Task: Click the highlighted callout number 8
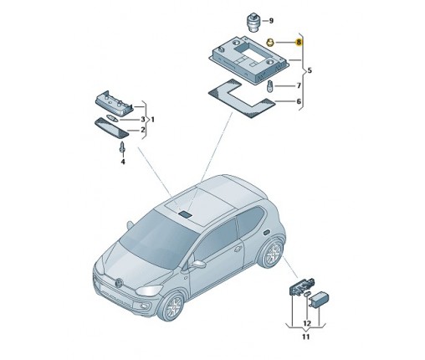pyautogui.click(x=299, y=42)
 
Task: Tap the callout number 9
pyautogui.click(x=271, y=21)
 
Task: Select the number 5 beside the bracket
pyautogui.click(x=310, y=70)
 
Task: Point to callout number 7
pyautogui.click(x=299, y=85)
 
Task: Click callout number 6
pyautogui.click(x=299, y=101)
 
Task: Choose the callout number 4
pyautogui.click(x=123, y=162)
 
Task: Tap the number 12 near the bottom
pyautogui.click(x=307, y=323)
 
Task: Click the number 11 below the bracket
pyautogui.click(x=306, y=337)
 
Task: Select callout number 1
pyautogui.click(x=152, y=120)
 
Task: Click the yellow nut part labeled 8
pyautogui.click(x=270, y=43)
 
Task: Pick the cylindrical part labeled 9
pyautogui.click(x=253, y=22)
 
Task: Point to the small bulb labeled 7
pyautogui.click(x=270, y=86)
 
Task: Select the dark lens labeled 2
pyautogui.click(x=112, y=129)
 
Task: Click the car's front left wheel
pyautogui.click(x=172, y=306)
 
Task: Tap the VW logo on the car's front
pyautogui.click(x=119, y=282)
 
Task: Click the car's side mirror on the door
pyautogui.click(x=198, y=264)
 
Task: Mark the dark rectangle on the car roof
pyautogui.click(x=185, y=213)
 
